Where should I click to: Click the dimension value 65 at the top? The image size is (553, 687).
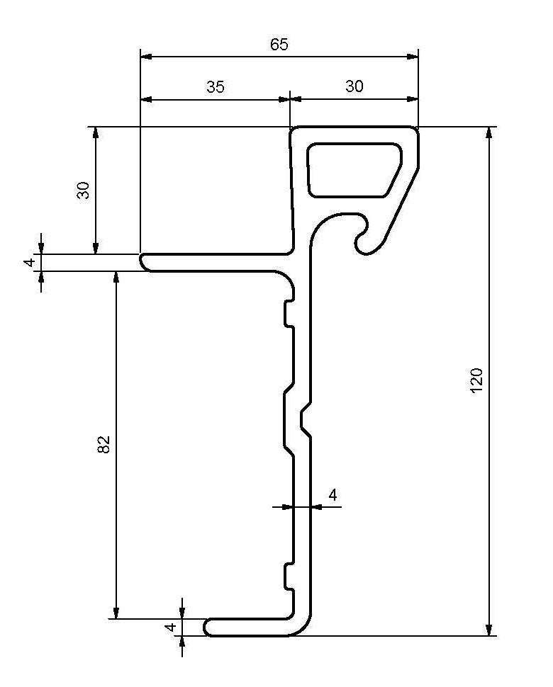pos(279,44)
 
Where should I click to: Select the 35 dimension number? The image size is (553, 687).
pos(216,86)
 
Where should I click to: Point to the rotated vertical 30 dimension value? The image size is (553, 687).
pos(84,190)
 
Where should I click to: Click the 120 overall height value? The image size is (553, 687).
pos(476,380)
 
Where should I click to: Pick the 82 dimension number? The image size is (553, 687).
pos(104,445)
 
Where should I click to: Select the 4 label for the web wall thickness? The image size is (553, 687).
pos(333,494)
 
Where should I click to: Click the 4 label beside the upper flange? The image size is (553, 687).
pos(29,263)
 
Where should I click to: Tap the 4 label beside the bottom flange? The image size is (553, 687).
pos(170,628)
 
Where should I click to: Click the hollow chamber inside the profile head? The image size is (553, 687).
pos(353,169)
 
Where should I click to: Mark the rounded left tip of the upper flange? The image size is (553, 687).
pos(143,262)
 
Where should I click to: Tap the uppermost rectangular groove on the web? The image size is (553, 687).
pos(289,314)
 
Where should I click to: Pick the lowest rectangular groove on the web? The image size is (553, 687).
pos(289,577)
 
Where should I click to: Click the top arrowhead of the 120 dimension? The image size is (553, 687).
pos(488,132)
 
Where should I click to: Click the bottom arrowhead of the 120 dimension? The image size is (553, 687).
pos(488,630)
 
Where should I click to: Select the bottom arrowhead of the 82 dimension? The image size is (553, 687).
pos(116,613)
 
